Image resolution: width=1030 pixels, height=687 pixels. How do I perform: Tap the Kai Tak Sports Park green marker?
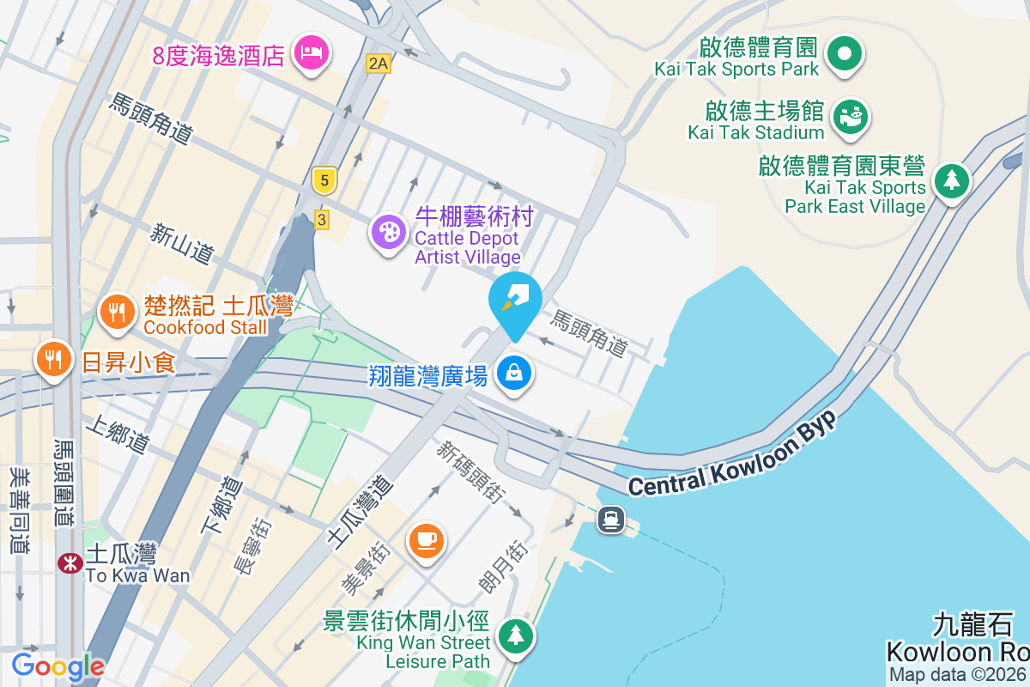click(x=845, y=54)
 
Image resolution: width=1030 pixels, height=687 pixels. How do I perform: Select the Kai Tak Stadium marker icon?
click(x=851, y=116)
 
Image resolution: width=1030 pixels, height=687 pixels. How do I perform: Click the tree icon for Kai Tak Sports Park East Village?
click(x=951, y=181)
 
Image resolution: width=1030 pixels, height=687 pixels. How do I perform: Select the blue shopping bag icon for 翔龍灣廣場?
click(x=513, y=374)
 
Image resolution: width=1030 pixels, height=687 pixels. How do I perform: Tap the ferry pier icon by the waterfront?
click(x=611, y=519)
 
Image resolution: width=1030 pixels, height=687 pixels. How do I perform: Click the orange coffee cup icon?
click(x=427, y=540)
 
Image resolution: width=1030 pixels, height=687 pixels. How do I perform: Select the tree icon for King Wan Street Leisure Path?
click(x=515, y=636)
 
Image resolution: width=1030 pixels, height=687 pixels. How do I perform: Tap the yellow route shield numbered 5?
click(x=324, y=180)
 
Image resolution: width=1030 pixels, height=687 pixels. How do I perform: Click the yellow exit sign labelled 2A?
click(x=378, y=63)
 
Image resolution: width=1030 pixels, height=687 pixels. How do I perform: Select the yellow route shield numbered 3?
click(x=322, y=220)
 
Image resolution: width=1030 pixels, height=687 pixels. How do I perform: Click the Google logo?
click(x=58, y=666)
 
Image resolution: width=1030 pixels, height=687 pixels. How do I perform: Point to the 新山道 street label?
click(x=182, y=243)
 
